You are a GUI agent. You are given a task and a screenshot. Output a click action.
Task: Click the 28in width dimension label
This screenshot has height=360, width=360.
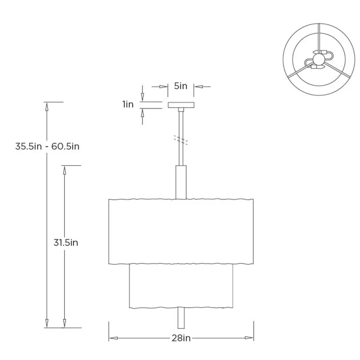pos(181,338)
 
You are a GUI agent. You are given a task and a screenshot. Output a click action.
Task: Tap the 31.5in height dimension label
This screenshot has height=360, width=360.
pos(66,243)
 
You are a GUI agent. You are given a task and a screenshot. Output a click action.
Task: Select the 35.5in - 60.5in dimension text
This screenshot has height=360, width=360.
pos(47,146)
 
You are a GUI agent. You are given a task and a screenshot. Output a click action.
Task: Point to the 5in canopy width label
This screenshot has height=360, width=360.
pos(181,86)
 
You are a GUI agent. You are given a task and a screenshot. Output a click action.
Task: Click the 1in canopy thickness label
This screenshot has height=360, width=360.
pos(128,104)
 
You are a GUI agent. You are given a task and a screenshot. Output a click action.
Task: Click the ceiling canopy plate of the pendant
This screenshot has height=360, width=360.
pos(181,105)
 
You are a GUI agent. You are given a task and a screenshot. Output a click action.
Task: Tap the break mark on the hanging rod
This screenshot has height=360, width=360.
pos(181,140)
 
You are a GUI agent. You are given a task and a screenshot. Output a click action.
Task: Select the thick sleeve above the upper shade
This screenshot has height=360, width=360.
pos(181,182)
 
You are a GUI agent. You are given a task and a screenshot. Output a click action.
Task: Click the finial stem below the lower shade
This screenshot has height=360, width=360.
pos(181,318)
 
